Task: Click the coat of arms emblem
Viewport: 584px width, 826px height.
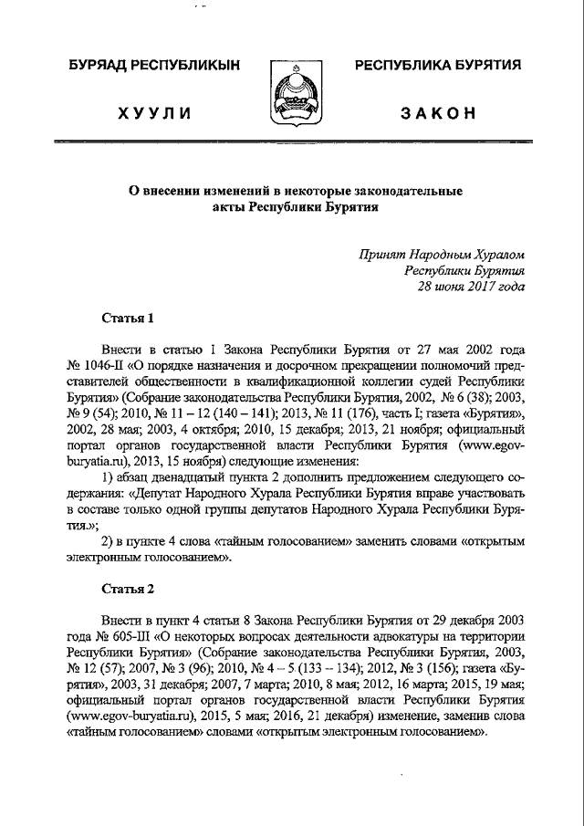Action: (292, 94)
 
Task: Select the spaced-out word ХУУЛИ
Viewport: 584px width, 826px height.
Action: (153, 113)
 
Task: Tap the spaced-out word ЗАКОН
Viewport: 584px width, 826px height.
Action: (437, 113)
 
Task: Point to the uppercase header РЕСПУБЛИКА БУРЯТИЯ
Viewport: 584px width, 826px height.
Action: (438, 66)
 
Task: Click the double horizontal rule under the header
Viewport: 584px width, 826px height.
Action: (292, 142)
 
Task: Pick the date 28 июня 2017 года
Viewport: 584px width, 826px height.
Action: (471, 286)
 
